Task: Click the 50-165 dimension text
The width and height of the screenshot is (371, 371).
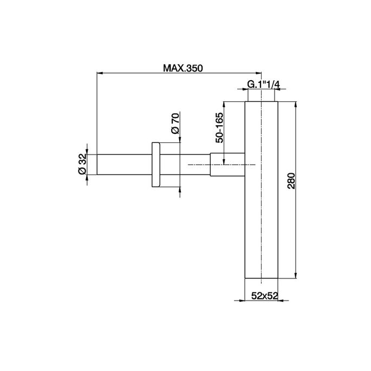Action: click(x=219, y=127)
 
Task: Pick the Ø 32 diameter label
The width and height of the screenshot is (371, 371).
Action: click(x=82, y=164)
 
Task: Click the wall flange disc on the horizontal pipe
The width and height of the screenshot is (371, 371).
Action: click(x=155, y=164)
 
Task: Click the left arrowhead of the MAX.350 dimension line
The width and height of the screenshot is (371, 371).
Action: click(x=99, y=72)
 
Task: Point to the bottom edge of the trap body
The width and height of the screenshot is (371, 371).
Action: click(x=262, y=278)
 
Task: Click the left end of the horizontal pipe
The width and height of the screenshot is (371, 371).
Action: click(x=96, y=164)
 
